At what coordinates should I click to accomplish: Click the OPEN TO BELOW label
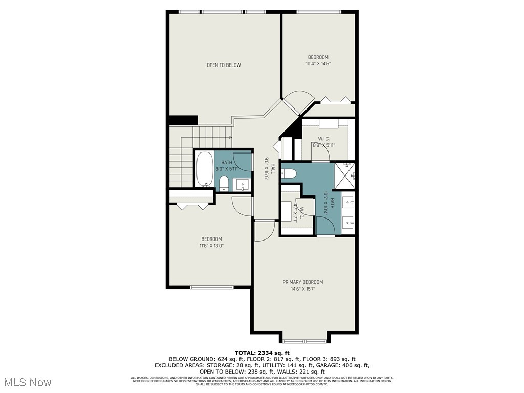[x=224, y=65]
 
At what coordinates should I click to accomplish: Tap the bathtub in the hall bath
[x=205, y=170]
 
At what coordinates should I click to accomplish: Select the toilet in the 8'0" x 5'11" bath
[x=224, y=183]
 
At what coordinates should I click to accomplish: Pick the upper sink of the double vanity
[x=350, y=203]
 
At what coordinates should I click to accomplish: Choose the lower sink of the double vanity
[x=349, y=222]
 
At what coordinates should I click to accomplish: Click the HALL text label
[x=273, y=168]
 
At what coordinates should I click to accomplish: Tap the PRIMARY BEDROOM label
[x=303, y=282]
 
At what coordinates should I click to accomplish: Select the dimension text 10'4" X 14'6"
[x=318, y=64]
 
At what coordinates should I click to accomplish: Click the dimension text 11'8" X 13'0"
[x=211, y=246]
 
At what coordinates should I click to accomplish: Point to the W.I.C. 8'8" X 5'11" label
[x=323, y=142]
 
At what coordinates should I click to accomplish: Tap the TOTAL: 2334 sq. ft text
[x=262, y=353]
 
